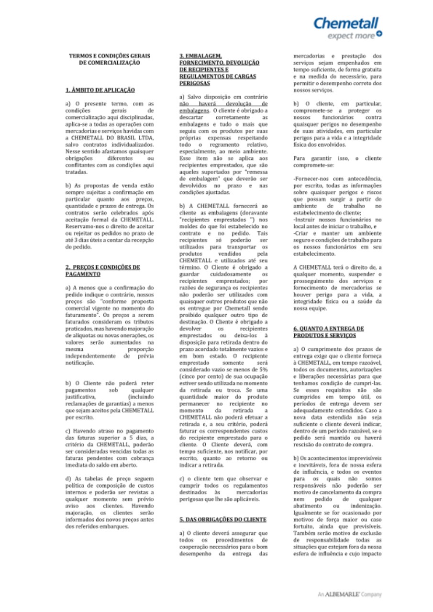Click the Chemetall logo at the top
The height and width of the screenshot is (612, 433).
[346, 22]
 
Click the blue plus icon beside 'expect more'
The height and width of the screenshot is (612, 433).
[379, 33]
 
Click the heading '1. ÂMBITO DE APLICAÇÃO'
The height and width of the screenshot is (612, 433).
[100, 90]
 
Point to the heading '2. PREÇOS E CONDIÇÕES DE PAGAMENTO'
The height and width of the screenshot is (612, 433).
[102, 270]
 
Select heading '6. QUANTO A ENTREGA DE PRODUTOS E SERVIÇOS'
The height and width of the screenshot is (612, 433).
[328, 332]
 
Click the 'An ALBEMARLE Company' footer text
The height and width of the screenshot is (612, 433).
[350, 594]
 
